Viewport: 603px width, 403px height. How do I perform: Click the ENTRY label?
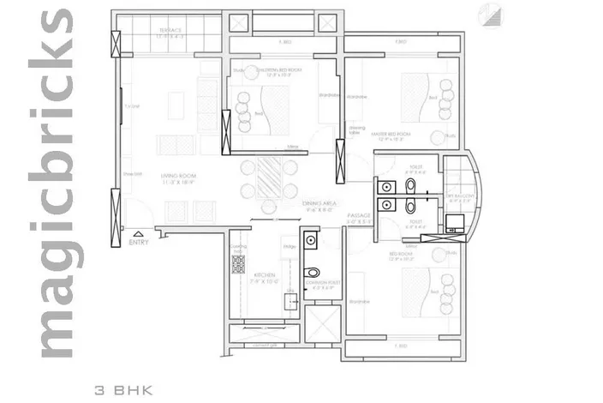[138, 243]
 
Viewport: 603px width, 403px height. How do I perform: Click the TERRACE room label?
[170, 32]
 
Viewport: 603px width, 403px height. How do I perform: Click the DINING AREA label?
[319, 203]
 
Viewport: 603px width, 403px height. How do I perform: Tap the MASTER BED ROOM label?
[391, 135]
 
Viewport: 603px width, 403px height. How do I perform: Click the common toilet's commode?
[313, 272]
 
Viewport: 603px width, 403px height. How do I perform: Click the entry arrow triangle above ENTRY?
[138, 232]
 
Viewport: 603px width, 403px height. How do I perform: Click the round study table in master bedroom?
[439, 137]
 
